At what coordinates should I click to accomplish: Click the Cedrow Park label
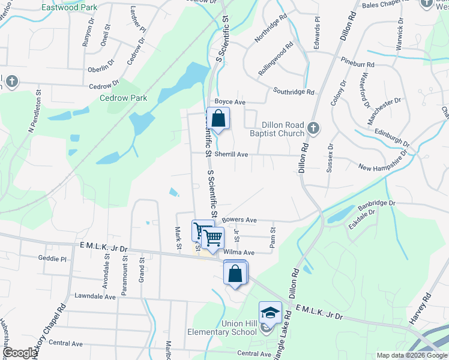click(x=123, y=98)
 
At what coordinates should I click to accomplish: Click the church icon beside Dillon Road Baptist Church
click(x=313, y=128)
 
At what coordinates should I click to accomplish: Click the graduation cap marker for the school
click(x=270, y=313)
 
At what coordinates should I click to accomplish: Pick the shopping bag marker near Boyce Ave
click(x=218, y=118)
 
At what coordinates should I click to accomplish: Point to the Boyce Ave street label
click(x=231, y=103)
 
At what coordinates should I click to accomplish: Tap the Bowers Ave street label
click(x=239, y=220)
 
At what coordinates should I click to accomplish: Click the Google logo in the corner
click(x=20, y=353)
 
